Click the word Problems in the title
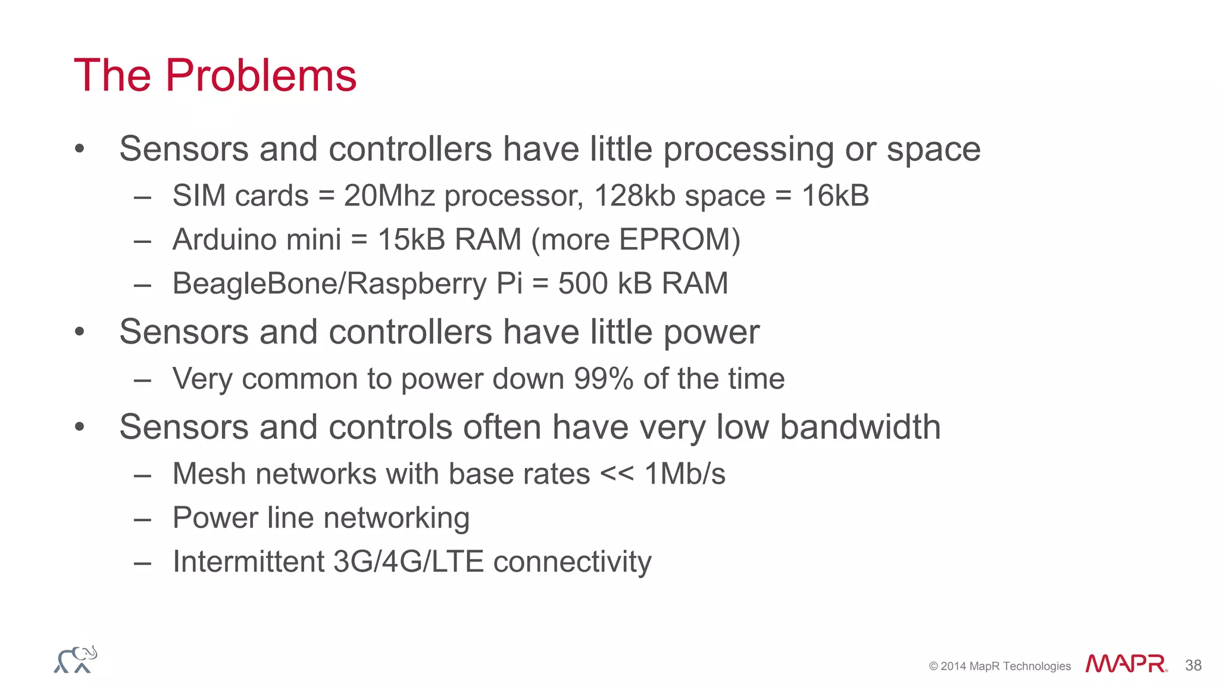[x=261, y=76]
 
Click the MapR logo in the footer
[x=1126, y=664]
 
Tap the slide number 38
[x=1193, y=665]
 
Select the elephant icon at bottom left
[x=76, y=660]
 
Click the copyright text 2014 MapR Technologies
[x=999, y=666]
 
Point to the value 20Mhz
[x=389, y=196]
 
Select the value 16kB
[x=835, y=196]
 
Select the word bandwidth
[x=860, y=427]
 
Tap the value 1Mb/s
[x=684, y=474]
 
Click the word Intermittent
[x=248, y=562]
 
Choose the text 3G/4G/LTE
[x=408, y=562]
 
